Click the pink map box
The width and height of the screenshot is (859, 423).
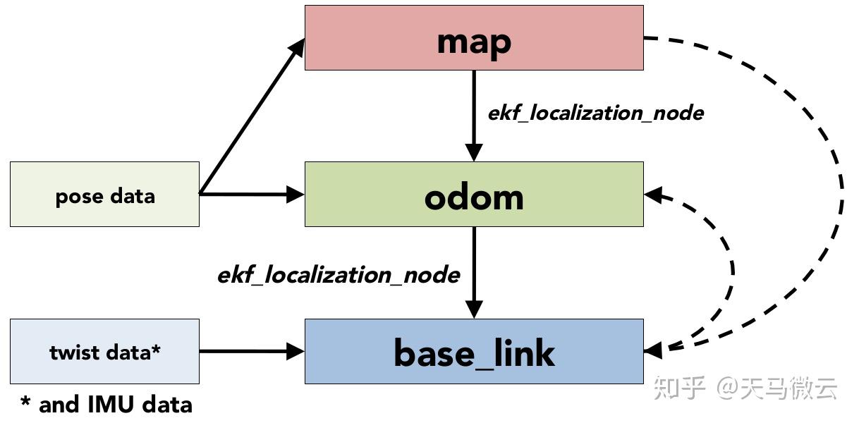[x=367, y=38]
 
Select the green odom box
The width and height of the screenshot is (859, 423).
[x=367, y=195]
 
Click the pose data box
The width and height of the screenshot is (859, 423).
[x=104, y=195]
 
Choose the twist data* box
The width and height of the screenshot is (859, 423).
[x=104, y=351]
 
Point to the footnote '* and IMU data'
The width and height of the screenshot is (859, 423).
[x=106, y=405]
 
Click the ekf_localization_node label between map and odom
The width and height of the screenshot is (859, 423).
[x=595, y=113]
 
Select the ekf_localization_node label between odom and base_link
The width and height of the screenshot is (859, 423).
[x=339, y=275]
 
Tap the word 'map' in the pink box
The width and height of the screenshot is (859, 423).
[x=474, y=42]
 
